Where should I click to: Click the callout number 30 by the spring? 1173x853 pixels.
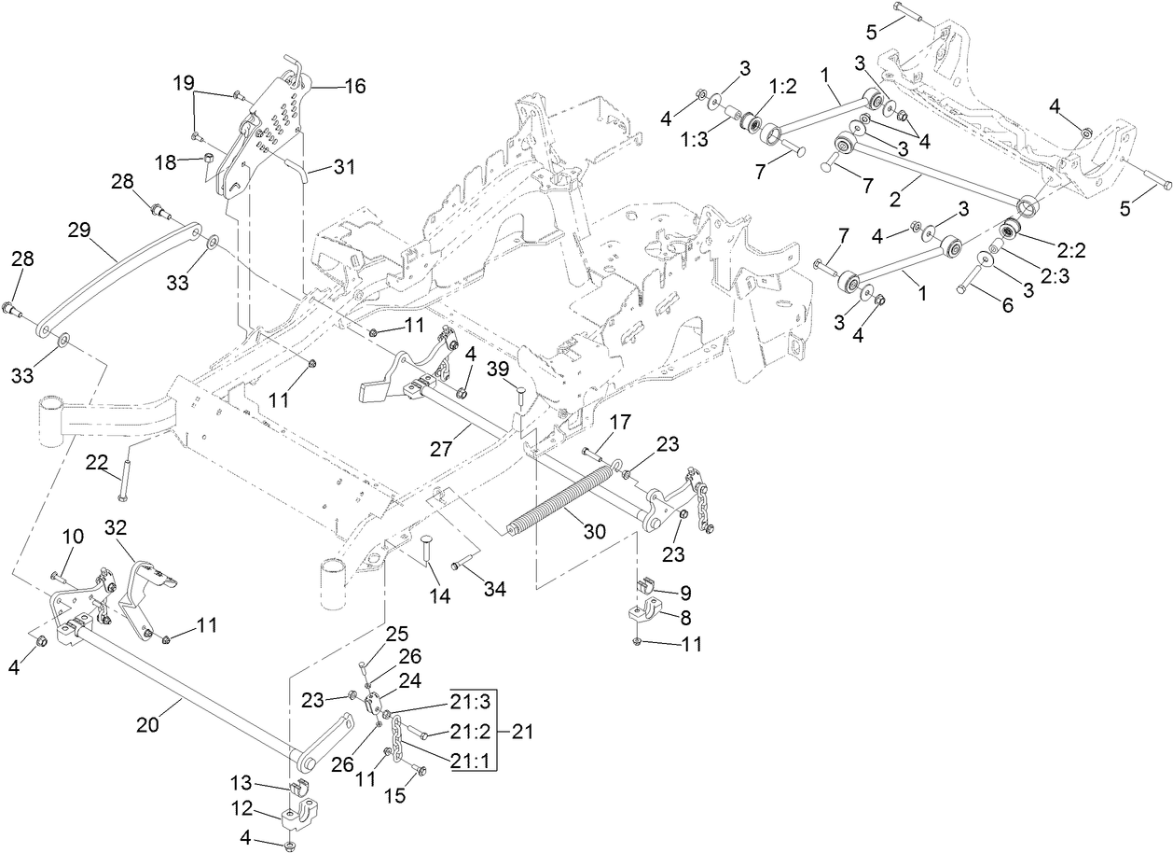[x=594, y=531]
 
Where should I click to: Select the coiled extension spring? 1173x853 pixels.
[x=559, y=505]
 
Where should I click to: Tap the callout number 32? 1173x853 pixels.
[x=117, y=527]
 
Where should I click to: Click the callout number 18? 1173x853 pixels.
[x=166, y=161]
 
